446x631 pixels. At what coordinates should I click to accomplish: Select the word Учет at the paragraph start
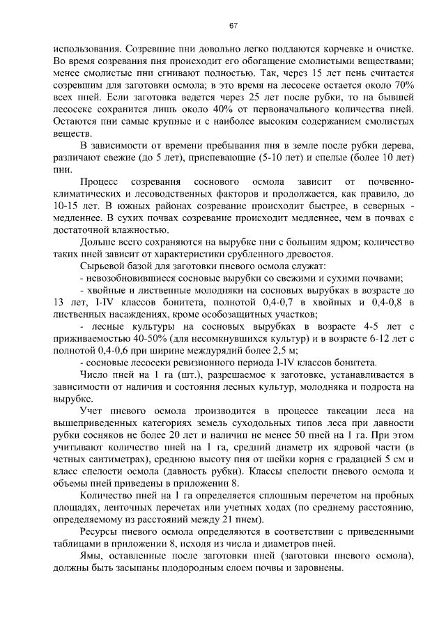(x=93, y=411)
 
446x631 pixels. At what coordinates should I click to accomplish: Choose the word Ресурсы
(x=100, y=533)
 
